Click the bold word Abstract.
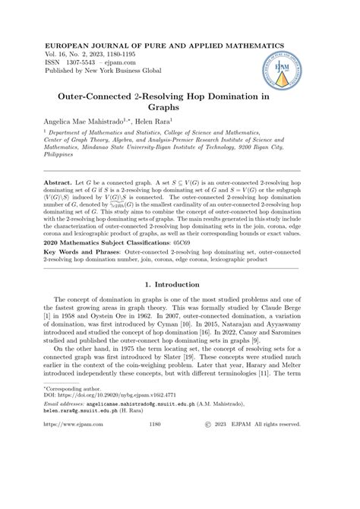tap(62, 206)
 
